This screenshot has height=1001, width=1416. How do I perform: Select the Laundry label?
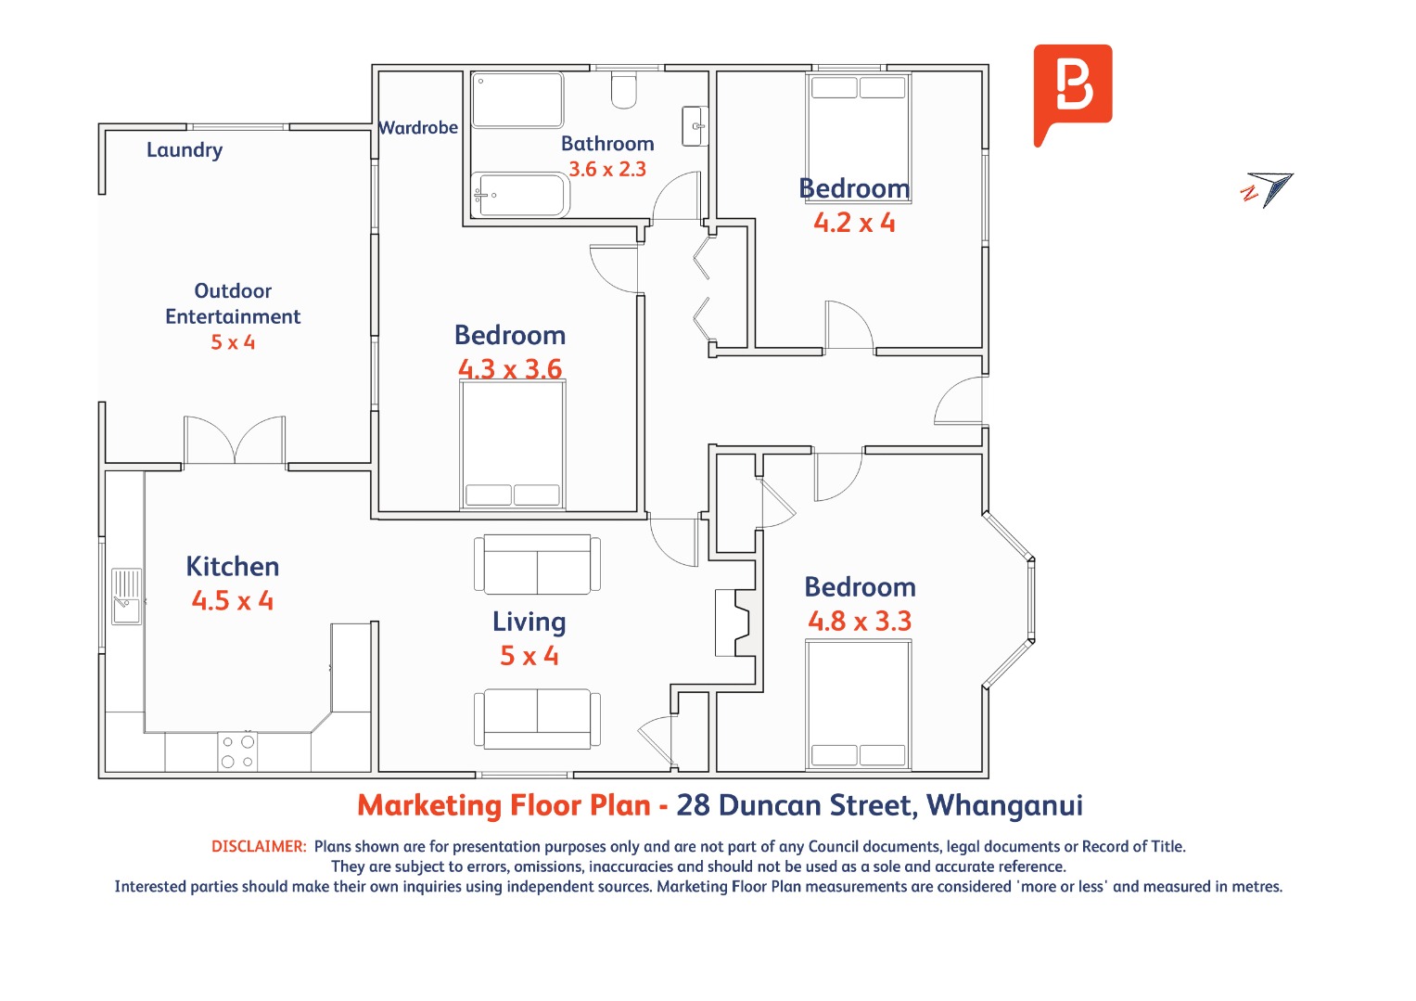185,150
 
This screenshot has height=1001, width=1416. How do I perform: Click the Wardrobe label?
418,128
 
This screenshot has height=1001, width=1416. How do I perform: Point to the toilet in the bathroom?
623,91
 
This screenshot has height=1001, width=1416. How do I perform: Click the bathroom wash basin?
695,126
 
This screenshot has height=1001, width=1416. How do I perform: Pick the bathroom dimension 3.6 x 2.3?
606,170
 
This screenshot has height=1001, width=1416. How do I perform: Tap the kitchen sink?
126,597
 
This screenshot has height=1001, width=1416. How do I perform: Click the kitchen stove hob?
237,751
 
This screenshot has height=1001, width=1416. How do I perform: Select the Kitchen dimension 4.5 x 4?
233,601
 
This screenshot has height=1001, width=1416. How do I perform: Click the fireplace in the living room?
735,622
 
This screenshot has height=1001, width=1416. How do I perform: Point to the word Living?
529,622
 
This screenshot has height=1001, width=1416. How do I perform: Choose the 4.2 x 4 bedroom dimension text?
854,223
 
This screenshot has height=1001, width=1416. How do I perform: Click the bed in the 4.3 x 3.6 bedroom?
513,444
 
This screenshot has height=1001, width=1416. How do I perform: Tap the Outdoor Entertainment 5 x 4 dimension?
233,342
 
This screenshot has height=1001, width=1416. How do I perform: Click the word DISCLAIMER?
259,846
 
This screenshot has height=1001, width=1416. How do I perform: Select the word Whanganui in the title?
1004,805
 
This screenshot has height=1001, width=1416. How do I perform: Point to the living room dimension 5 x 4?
529,656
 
